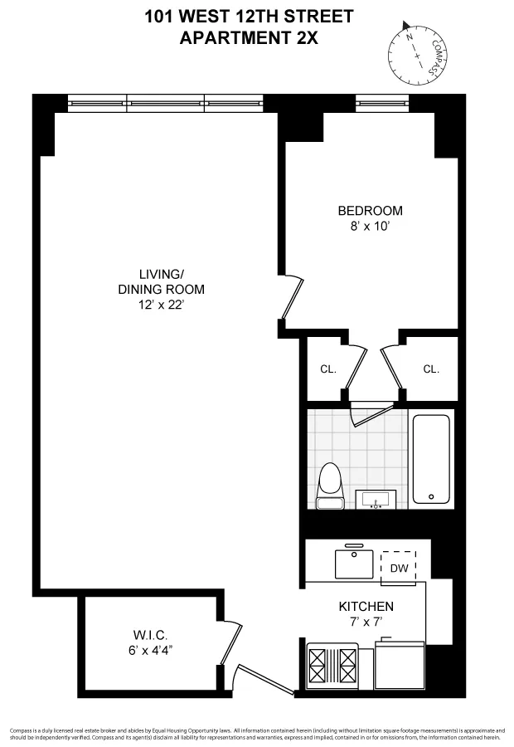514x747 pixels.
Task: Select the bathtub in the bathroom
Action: (x=431, y=458)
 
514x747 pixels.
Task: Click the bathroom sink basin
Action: (x=377, y=499)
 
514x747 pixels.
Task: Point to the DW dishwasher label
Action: (x=399, y=568)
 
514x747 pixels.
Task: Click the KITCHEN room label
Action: (x=366, y=607)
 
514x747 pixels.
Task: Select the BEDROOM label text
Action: (x=370, y=211)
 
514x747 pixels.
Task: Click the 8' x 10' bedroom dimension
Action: (x=370, y=226)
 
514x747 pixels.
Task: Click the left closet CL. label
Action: (x=328, y=369)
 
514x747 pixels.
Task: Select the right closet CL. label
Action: (x=430, y=369)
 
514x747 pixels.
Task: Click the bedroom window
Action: (x=382, y=103)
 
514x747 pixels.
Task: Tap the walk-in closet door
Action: (x=233, y=643)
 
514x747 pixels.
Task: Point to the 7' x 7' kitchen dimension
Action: (x=366, y=622)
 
